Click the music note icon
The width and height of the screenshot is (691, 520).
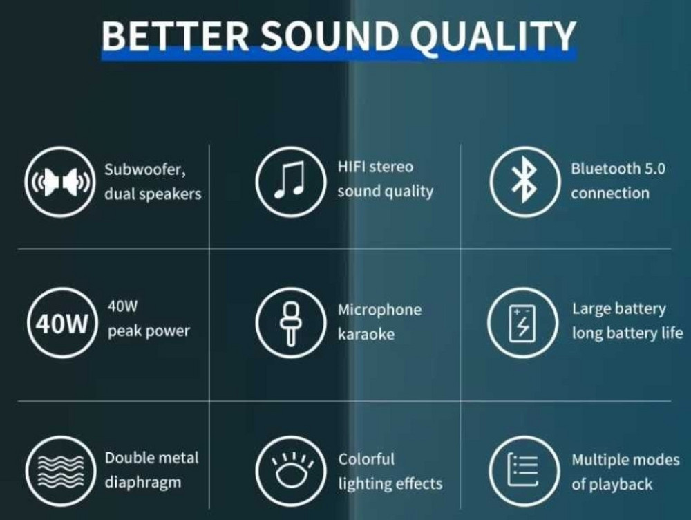pos(289,181)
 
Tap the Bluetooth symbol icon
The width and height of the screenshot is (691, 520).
pos(522,181)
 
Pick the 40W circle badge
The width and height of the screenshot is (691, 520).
pos(59,324)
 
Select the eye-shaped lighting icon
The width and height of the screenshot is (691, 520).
pos(289,470)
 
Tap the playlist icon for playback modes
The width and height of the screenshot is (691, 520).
pos(522,470)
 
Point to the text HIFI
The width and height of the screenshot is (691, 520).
pos(351,167)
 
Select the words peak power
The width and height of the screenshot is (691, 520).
pos(149,331)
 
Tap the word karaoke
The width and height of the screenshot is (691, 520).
pos(366,335)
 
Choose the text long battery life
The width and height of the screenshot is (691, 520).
pos(627,333)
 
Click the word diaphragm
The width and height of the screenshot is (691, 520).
pos(143,482)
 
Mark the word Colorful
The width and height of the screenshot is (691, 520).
pos(366,459)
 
